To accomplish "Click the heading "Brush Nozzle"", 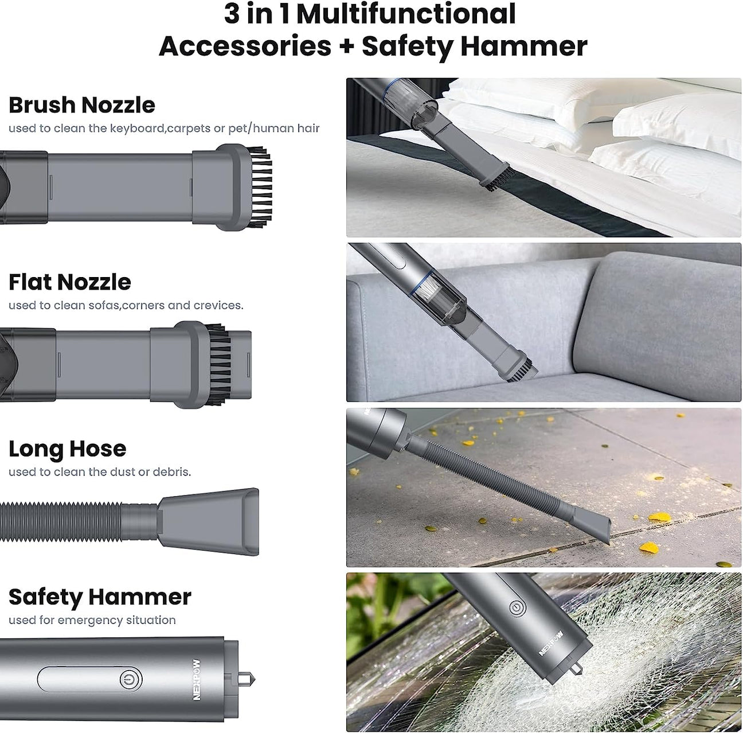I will pyautogui.click(x=81, y=105).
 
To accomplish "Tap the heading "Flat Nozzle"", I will pyautogui.click(x=69, y=282).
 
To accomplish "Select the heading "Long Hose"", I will pyautogui.click(x=67, y=449).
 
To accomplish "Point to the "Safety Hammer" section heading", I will pyautogui.click(x=99, y=597).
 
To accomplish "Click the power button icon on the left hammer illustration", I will pyautogui.click(x=131, y=680).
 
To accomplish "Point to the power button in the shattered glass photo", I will pyautogui.click(x=517, y=607).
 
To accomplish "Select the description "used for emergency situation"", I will pyautogui.click(x=92, y=620).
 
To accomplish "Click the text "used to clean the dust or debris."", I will pyautogui.click(x=100, y=471).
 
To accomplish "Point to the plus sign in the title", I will pyautogui.click(x=346, y=46).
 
